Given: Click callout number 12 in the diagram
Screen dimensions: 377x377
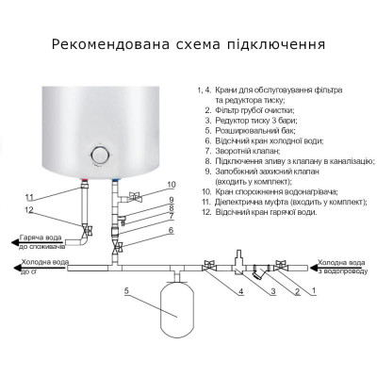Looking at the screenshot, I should (x=30, y=209).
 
